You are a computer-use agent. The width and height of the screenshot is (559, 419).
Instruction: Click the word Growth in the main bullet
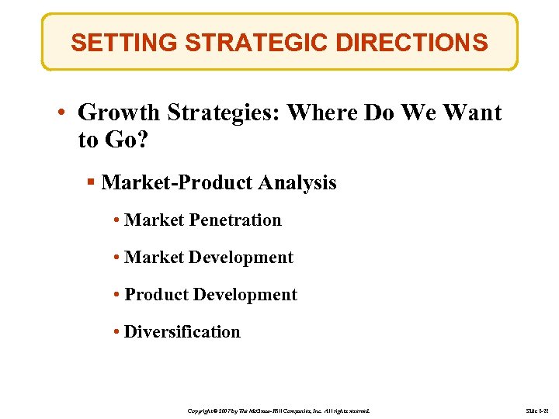coord(115,113)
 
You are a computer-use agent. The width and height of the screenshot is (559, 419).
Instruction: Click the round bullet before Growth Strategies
coord(61,114)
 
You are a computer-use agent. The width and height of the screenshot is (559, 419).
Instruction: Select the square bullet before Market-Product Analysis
coord(91,183)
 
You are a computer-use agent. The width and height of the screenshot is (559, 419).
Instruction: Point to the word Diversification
coord(182,332)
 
